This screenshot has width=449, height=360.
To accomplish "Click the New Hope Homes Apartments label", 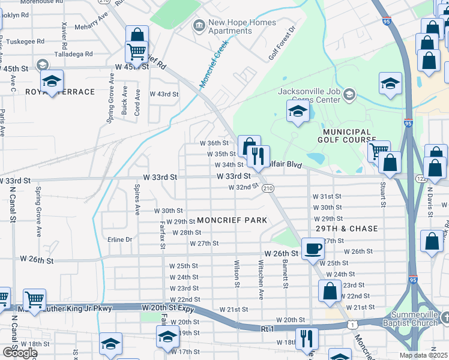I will pos(242,27).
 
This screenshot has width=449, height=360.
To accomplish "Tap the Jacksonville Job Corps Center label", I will pos(309,95).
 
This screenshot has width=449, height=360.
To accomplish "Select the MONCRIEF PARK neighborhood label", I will pos(232,221).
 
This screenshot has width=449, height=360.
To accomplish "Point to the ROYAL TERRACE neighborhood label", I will pos(60,92).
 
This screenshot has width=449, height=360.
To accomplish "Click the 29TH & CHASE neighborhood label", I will pos(347,229).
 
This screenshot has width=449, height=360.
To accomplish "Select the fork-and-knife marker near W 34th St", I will pos(259,156).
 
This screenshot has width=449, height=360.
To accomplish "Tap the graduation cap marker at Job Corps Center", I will pos(297,110).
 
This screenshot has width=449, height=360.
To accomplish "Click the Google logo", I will pos(19,353).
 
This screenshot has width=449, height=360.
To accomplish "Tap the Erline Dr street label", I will pos(119,239).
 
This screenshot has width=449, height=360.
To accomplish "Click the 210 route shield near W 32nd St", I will pos(268,188).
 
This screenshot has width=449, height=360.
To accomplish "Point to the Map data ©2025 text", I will pos(423,355).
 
